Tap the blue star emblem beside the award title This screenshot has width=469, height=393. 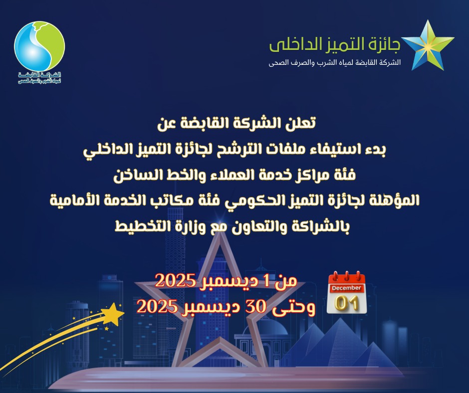pos(428,45)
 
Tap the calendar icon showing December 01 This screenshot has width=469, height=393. pos(347,293)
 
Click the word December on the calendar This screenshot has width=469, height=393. pos(346,288)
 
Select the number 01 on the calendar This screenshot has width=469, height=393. pos(347,303)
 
